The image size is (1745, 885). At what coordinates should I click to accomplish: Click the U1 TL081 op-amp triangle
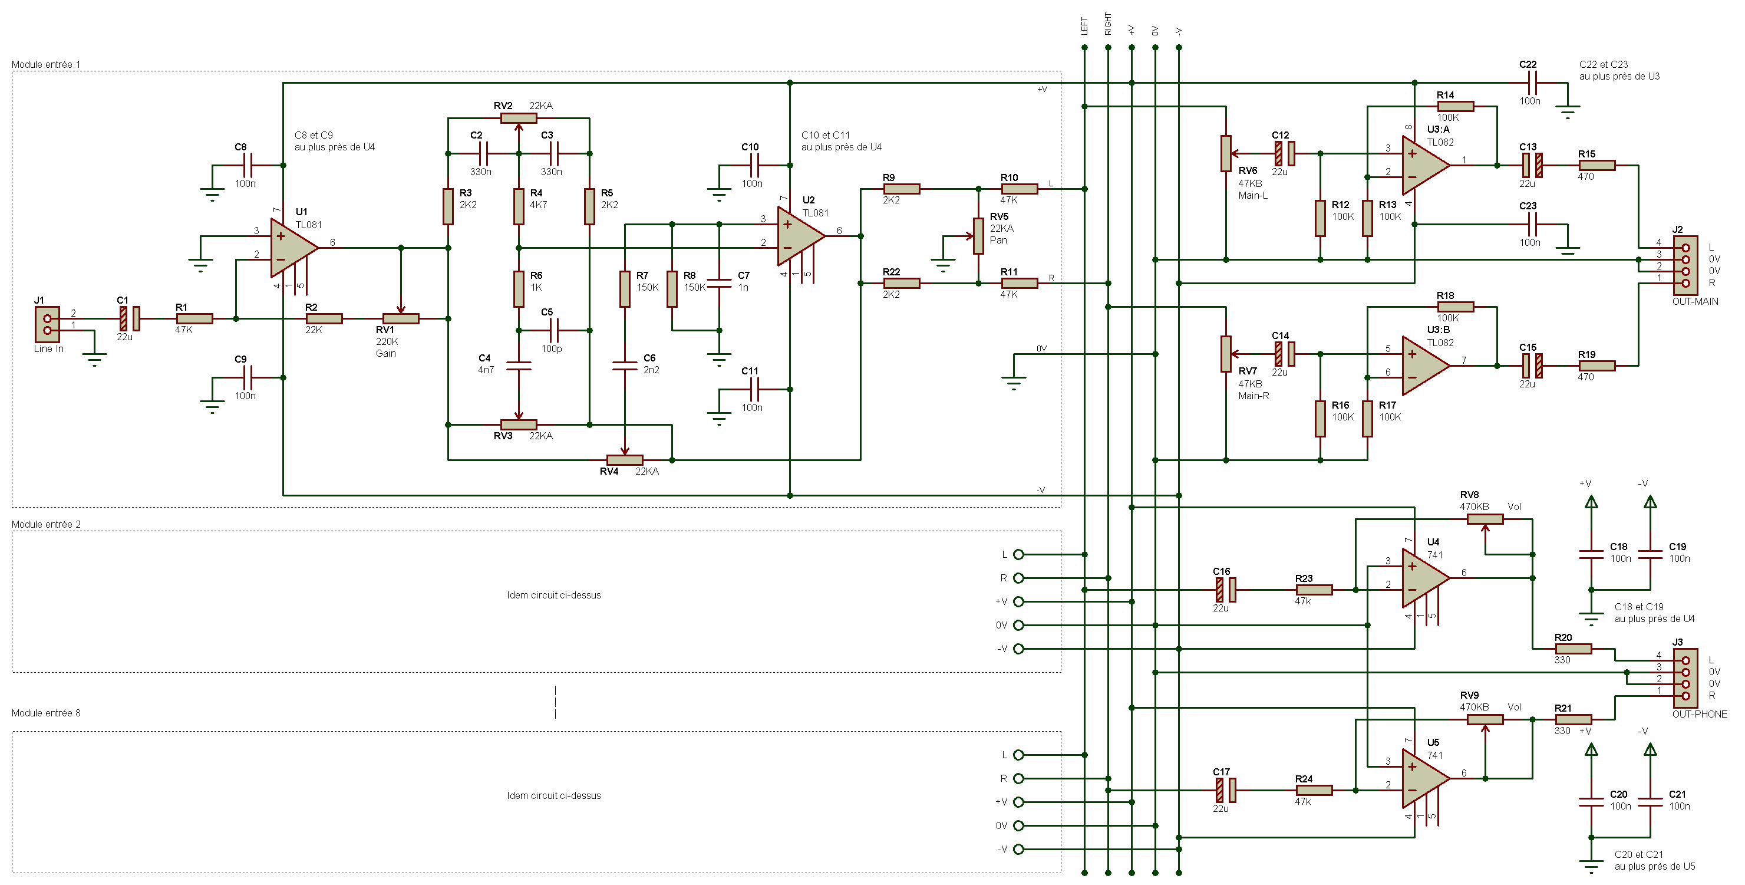pyautogui.click(x=291, y=248)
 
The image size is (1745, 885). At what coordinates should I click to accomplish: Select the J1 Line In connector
pyautogui.click(x=47, y=324)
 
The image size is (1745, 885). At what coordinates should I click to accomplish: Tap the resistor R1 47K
pyautogui.click(x=194, y=318)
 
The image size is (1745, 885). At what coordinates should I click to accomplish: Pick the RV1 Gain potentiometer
pyautogui.click(x=400, y=318)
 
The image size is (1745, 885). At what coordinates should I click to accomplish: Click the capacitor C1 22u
pyautogui.click(x=130, y=318)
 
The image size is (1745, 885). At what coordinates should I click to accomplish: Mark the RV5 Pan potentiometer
pyautogui.click(x=978, y=236)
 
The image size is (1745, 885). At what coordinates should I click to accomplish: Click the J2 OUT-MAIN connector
pyautogui.click(x=1685, y=265)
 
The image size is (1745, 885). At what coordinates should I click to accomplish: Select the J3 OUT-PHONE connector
pyautogui.click(x=1685, y=677)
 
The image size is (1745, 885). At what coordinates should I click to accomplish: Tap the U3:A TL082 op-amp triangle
pyautogui.click(x=1423, y=165)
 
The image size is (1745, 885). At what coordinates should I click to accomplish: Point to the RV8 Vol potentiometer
pyautogui.click(x=1485, y=519)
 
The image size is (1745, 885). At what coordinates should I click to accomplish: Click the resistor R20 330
pyautogui.click(x=1573, y=649)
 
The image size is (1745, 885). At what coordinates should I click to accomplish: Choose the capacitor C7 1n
pyautogui.click(x=719, y=283)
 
